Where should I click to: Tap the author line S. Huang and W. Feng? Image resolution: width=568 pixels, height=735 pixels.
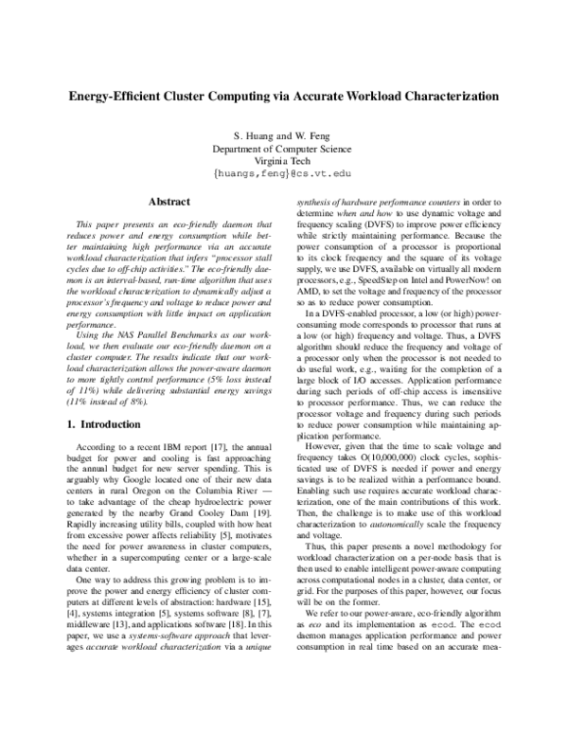coord(283,135)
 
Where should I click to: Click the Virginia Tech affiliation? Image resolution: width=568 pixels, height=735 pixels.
coord(283,162)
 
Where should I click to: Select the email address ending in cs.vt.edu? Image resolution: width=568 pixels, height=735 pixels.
coord(283,175)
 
